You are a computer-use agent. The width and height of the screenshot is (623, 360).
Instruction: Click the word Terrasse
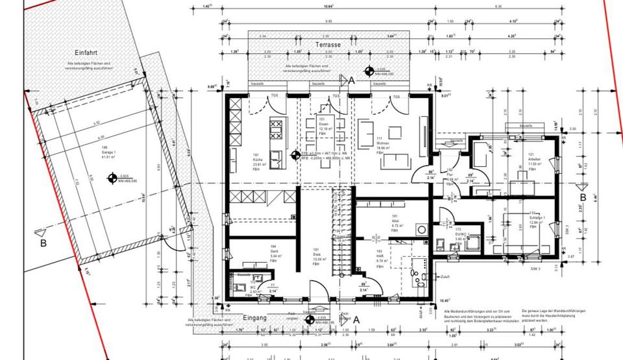(x=328, y=45)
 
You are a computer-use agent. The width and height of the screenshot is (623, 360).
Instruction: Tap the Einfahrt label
(x=86, y=53)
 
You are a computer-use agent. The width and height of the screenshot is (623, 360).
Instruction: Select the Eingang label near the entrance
(x=254, y=318)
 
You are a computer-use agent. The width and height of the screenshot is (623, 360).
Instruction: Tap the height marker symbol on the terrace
(x=369, y=71)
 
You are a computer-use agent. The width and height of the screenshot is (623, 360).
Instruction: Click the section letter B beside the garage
(x=43, y=243)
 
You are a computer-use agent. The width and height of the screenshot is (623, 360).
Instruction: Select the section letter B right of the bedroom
(x=583, y=197)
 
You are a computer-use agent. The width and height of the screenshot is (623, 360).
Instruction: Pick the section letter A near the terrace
(x=352, y=80)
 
